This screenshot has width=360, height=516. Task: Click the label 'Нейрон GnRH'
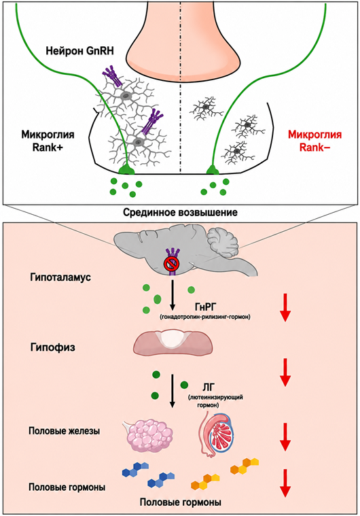pyautogui.click(x=80, y=51)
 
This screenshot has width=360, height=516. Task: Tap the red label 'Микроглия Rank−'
pyautogui.click(x=314, y=141)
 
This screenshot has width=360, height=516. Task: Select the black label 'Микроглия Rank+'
pyautogui.click(x=48, y=141)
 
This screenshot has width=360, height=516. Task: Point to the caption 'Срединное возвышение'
pyautogui.click(x=180, y=212)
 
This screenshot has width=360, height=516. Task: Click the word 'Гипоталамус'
pyautogui.click(x=60, y=277)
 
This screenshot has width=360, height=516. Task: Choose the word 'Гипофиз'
pyautogui.click(x=53, y=347)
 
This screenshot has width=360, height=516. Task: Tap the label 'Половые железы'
pyautogui.click(x=64, y=431)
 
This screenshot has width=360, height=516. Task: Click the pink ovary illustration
pyautogui.click(x=149, y=434)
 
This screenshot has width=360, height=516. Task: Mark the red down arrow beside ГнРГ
pyautogui.click(x=285, y=307)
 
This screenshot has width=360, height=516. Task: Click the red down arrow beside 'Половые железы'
pyautogui.click(x=285, y=436)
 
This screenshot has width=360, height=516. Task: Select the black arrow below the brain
pyautogui.click(x=172, y=295)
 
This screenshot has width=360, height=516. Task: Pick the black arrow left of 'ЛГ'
pyautogui.click(x=172, y=391)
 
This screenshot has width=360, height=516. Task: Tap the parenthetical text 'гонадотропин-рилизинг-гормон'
pyautogui.click(x=205, y=317)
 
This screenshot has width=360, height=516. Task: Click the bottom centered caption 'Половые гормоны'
pyautogui.click(x=180, y=502)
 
